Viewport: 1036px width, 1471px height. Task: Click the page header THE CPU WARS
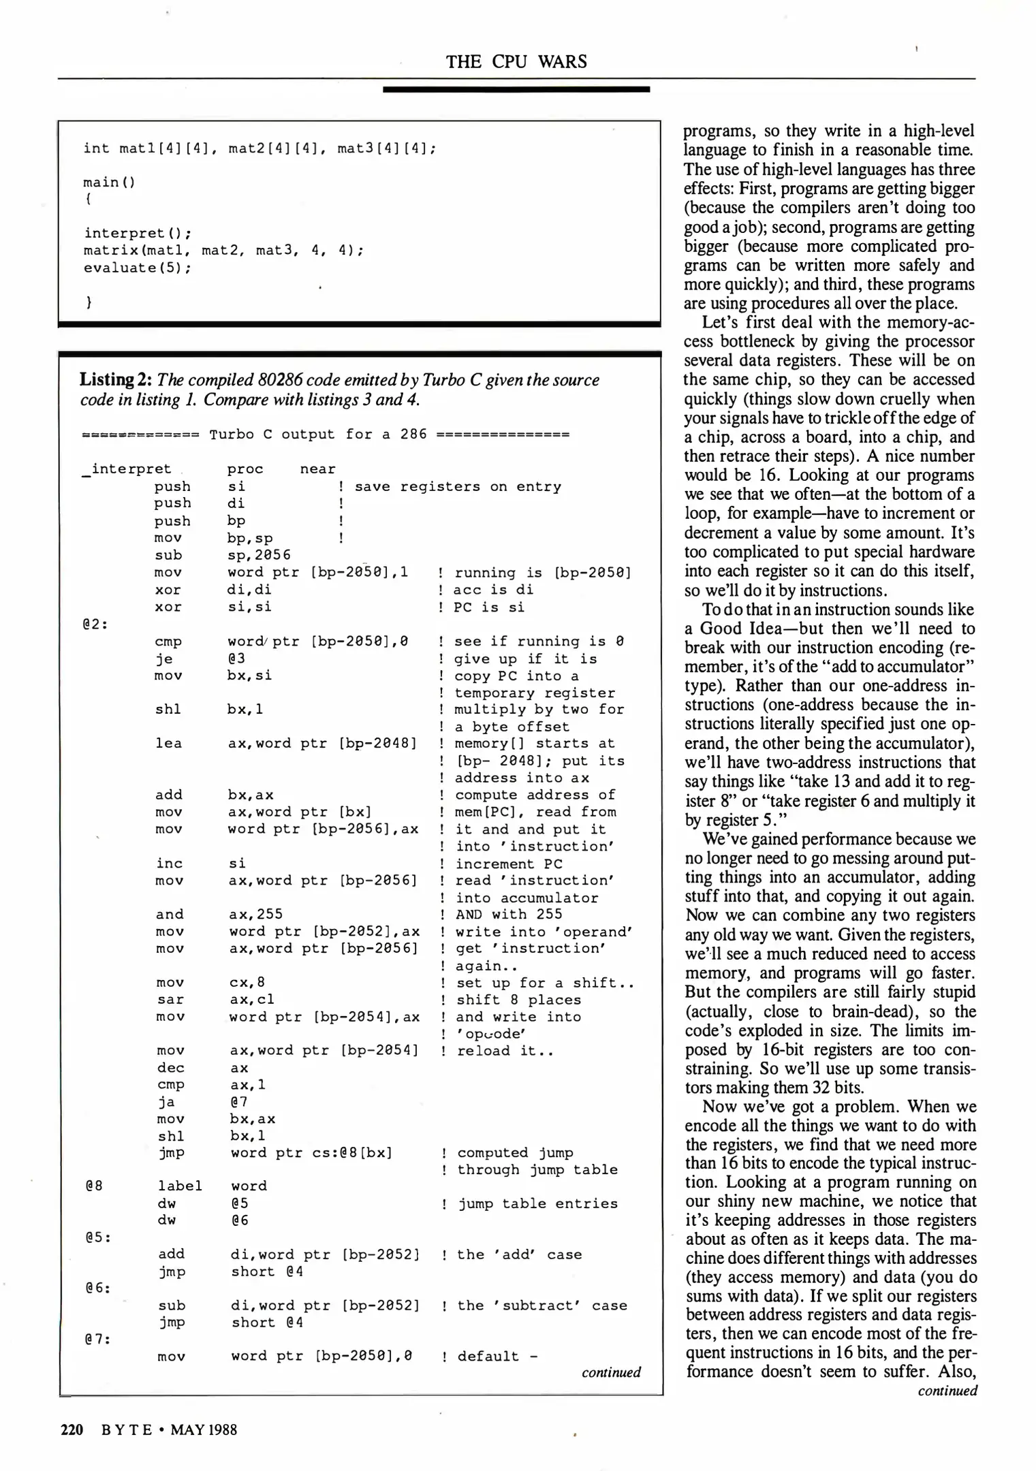pos(516,62)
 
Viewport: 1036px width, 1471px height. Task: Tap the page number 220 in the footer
pos(72,1429)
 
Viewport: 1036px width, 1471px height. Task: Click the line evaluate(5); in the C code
pos(138,268)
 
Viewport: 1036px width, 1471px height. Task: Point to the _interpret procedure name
pos(127,469)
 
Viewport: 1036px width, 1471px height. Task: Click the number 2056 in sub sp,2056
pos(272,555)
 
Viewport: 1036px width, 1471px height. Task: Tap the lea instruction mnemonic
pos(168,744)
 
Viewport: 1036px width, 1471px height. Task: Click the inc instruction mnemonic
pos(169,864)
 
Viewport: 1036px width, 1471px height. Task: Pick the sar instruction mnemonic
pos(170,1000)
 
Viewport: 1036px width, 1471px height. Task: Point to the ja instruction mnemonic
pos(166,1102)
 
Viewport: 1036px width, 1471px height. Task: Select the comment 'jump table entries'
pos(537,1203)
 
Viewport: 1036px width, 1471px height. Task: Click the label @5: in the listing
pos(98,1237)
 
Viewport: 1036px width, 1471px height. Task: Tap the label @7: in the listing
pos(98,1339)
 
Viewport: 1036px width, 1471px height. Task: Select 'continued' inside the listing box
pos(611,1372)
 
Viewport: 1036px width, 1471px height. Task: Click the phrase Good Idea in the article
pos(743,629)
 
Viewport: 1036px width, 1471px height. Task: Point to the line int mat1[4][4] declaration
pos(260,148)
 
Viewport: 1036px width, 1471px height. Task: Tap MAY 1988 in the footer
pos(204,1429)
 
